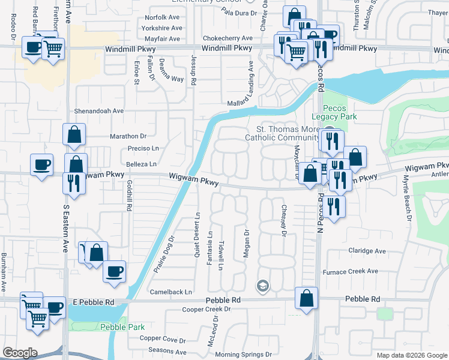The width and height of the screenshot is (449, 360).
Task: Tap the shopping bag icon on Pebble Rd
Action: (307, 298)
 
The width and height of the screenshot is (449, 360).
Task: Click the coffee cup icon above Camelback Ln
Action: (114, 272)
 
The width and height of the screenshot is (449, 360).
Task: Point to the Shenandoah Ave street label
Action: (98, 111)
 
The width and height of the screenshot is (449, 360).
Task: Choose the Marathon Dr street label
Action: (128, 136)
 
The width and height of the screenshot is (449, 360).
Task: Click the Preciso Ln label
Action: (143, 148)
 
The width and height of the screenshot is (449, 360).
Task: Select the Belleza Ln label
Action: (141, 163)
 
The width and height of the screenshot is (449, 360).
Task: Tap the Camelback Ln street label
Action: (172, 292)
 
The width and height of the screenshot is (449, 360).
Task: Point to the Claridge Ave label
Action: (367, 251)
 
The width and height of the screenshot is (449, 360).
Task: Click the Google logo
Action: (20, 353)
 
